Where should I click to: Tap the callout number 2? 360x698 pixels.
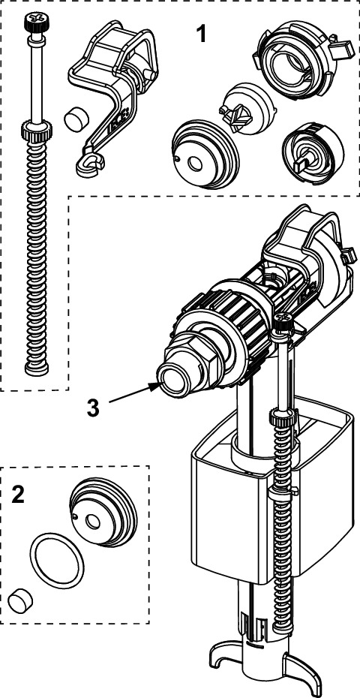pyautogui.click(x=18, y=495)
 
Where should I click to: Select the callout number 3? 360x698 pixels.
pyautogui.click(x=93, y=408)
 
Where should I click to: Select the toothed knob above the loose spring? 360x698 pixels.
pyautogui.click(x=36, y=130)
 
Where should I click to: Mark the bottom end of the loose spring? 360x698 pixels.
pyautogui.click(x=37, y=369)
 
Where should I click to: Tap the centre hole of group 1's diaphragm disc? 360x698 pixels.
pyautogui.click(x=194, y=164)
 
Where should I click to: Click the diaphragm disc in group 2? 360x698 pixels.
pyautogui.click(x=102, y=513)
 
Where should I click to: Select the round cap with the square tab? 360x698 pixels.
pyautogui.click(x=313, y=152)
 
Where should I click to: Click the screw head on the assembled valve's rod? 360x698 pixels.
pyautogui.click(x=282, y=318)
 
